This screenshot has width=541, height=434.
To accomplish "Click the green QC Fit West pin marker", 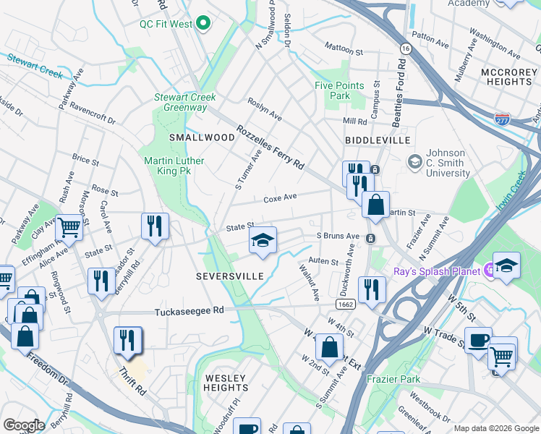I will (x=203, y=24).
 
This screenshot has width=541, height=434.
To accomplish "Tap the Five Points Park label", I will (x=339, y=90).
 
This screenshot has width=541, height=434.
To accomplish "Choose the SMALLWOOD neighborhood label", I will (x=192, y=137).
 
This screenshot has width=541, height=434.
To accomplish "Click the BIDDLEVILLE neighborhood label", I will (x=378, y=140).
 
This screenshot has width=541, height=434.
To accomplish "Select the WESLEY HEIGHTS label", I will (x=226, y=383).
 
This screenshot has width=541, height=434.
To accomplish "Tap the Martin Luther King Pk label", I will (x=174, y=166).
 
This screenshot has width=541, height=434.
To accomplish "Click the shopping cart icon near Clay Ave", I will (x=69, y=227).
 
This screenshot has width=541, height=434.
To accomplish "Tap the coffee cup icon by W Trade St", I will (x=478, y=341).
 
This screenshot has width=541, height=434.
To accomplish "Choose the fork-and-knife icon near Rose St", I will (x=155, y=226).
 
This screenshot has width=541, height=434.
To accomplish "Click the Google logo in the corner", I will (x=24, y=425).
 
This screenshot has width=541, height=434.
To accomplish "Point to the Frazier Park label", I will (x=393, y=379).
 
